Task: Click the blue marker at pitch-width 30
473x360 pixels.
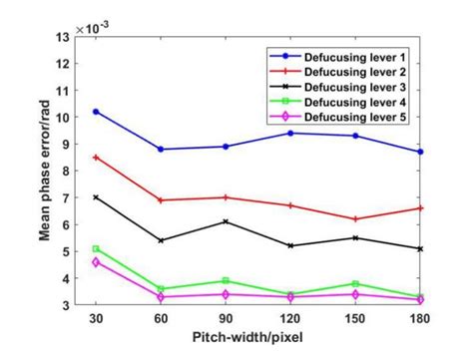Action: [x=96, y=112]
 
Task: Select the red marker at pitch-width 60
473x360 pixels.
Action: [x=161, y=200]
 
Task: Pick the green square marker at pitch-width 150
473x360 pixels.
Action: [x=355, y=284]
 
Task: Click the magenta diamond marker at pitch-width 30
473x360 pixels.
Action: [x=96, y=261]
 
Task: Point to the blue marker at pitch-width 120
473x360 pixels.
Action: [x=290, y=133]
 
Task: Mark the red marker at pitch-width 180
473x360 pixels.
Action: [x=420, y=208]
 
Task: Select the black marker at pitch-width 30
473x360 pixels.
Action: [x=96, y=197]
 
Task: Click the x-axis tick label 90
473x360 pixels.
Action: [x=226, y=321]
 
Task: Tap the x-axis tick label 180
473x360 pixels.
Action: [x=420, y=321]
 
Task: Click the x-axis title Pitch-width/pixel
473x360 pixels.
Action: [x=257, y=342]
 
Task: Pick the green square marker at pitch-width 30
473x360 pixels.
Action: [x=96, y=249]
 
